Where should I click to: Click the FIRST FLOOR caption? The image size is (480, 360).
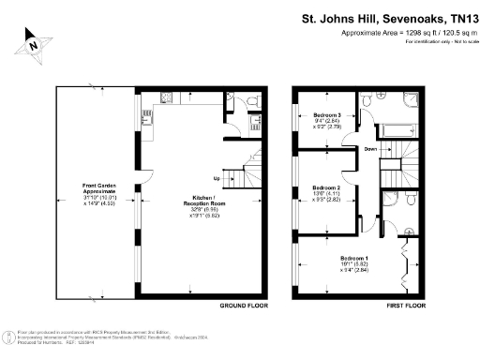point(406,307)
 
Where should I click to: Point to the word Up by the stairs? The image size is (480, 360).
point(217,178)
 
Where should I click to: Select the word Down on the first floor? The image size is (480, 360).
point(370,149)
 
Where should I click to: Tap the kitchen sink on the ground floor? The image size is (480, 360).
point(145,118)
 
